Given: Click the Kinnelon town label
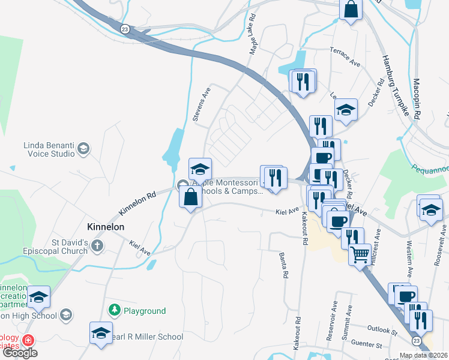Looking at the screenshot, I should pos(105,227).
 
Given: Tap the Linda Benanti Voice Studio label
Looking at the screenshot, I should pos(49,149).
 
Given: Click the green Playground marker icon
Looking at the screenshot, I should pos(114,310).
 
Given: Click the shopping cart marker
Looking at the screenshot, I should pos(360,254).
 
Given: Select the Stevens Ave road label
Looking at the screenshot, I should pos(202,104).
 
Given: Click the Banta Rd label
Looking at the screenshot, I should pos(282,265).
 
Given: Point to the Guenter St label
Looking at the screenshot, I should pos(367,345).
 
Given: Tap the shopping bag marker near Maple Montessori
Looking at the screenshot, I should pos(190,196).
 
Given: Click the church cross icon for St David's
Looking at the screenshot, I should pos(97,246).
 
